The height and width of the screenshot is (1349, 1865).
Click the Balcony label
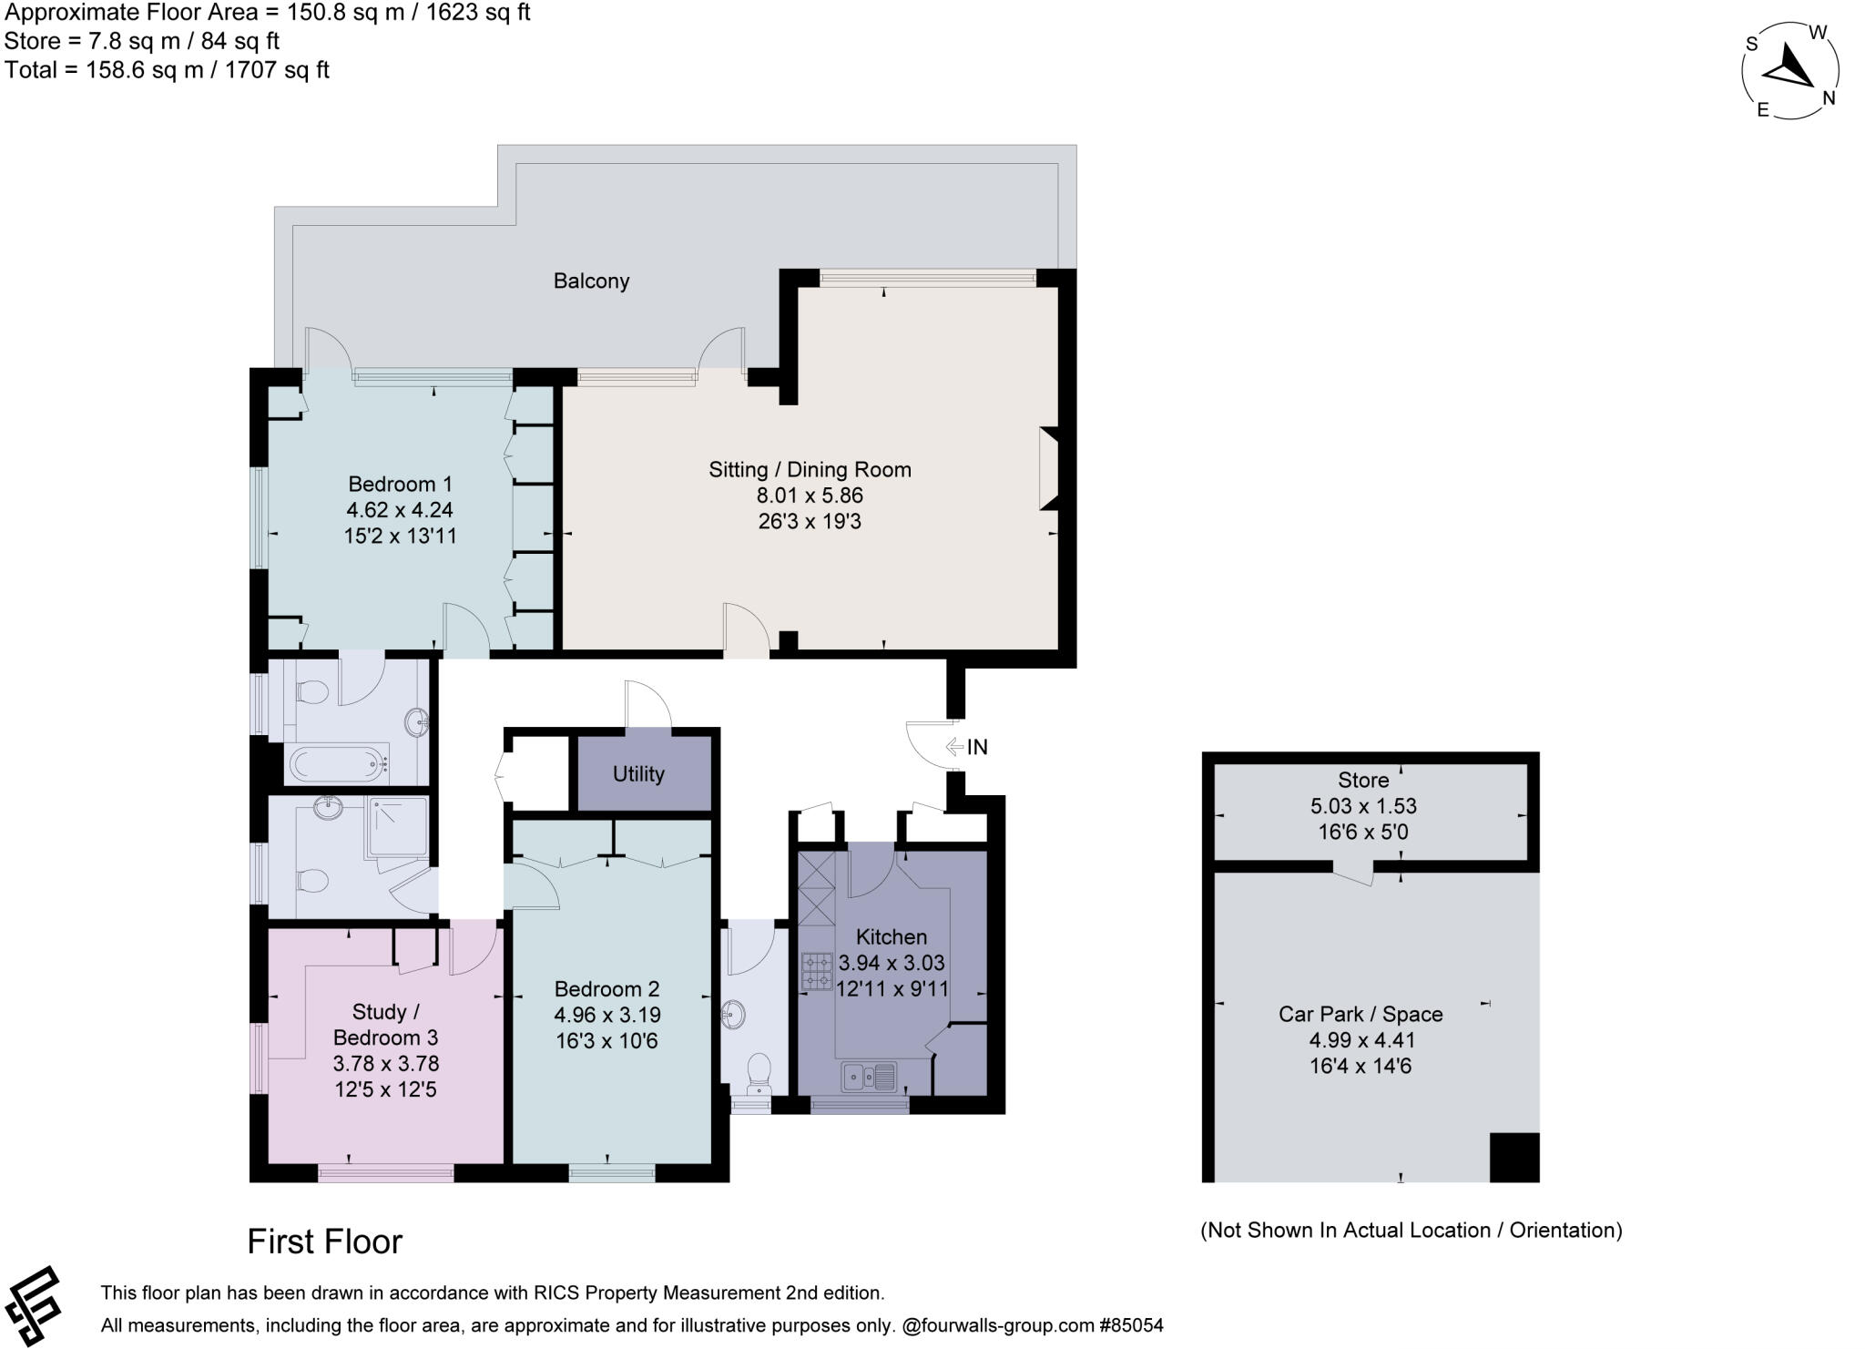coord(591,281)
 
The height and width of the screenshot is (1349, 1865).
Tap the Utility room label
coord(637,774)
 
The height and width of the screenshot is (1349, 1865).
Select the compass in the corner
coord(1789,71)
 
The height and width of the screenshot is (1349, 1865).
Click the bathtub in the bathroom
coord(337,763)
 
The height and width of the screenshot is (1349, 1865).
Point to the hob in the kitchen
coord(817,971)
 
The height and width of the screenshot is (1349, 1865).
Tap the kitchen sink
coord(868,1077)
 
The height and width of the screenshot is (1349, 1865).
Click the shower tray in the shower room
coord(396,827)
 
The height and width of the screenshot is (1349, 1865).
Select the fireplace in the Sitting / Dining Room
coord(1049,468)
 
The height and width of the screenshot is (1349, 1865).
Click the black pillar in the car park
coord(1513,1157)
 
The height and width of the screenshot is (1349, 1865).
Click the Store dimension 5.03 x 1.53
coord(1363,806)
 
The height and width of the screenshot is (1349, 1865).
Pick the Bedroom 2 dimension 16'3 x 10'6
coord(606,1040)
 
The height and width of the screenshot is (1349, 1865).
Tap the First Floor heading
coord(324,1242)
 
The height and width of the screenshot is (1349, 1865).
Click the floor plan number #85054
coord(1131,1325)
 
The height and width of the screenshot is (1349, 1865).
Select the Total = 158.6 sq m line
coord(167,70)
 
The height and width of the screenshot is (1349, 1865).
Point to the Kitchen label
coord(891,936)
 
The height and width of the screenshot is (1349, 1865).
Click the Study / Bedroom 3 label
coord(385,1025)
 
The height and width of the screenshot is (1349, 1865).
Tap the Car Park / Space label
coord(1361,1014)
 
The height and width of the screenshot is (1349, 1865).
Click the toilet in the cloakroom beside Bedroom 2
coord(758,1071)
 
